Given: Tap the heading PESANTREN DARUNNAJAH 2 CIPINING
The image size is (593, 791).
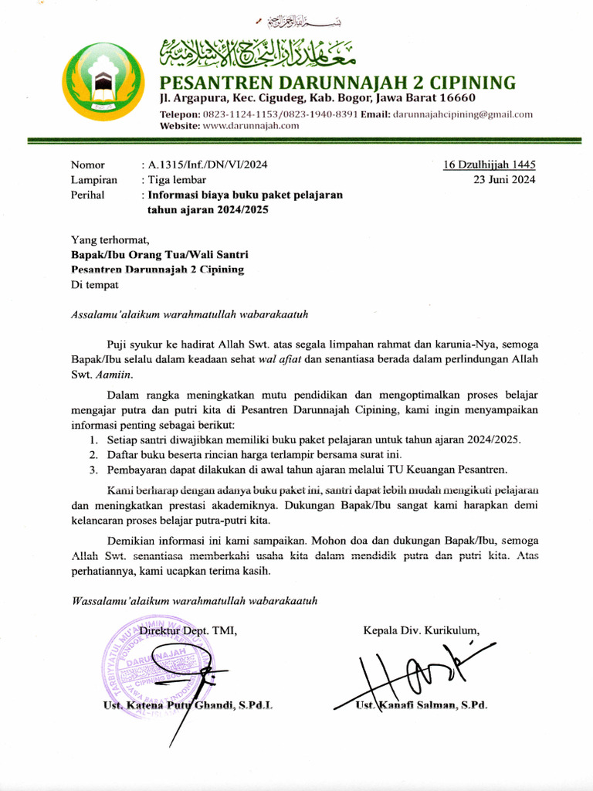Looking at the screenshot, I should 337,82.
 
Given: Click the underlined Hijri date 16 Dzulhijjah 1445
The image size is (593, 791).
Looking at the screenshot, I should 490,165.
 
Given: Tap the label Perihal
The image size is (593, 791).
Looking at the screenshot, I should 87,195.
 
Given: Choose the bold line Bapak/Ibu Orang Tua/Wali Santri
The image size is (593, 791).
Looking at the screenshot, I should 160,254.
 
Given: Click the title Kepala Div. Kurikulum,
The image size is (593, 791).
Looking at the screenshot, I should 421,630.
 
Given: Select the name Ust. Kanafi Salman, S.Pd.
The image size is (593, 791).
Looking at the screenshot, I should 422,705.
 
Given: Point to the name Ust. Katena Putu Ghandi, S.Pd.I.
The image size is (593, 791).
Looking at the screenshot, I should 188,705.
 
